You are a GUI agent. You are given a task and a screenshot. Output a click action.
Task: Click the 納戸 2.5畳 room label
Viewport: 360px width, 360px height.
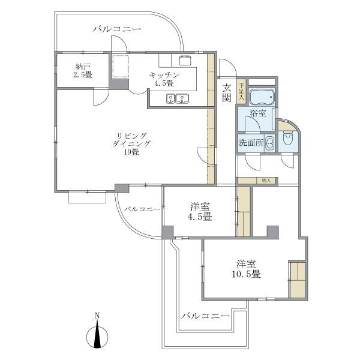[x=83, y=71]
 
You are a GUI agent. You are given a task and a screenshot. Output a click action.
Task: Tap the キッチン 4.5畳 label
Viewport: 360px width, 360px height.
[x=163, y=79]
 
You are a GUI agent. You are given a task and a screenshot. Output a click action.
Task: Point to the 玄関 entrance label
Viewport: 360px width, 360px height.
[x=227, y=93]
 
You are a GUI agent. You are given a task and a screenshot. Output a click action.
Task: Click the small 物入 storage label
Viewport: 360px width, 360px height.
[x=267, y=180]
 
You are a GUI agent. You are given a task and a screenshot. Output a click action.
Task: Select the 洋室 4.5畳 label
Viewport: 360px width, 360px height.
[x=199, y=211]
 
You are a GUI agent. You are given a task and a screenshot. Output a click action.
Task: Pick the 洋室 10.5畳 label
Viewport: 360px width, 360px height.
[x=247, y=269]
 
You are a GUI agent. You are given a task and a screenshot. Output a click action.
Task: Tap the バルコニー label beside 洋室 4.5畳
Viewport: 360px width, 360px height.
[x=142, y=209]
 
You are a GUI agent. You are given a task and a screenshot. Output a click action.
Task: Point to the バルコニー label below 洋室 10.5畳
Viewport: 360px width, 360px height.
[x=205, y=315]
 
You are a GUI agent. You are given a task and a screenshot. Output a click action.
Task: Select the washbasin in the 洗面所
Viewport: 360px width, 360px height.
[x=269, y=143]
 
